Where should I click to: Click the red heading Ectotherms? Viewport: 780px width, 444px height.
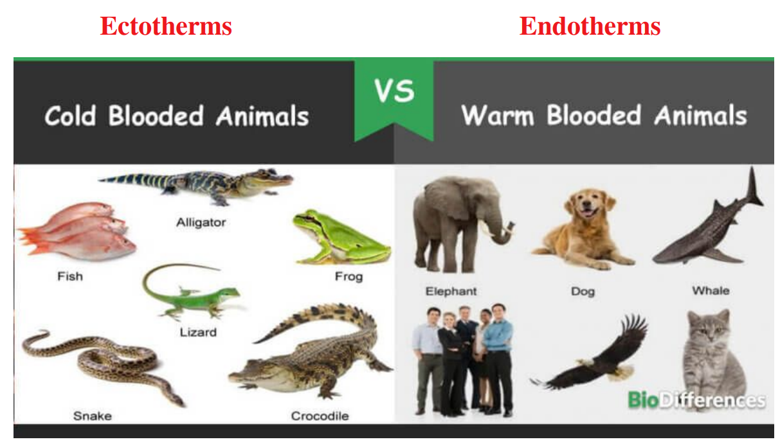(165, 26)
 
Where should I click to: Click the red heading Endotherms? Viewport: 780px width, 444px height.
(590, 26)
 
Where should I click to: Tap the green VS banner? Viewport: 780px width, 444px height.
(394, 93)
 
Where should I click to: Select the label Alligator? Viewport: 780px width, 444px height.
(201, 223)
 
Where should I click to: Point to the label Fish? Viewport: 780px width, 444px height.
(69, 276)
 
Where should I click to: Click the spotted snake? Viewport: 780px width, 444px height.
(96, 363)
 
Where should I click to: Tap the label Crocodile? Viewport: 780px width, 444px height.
(320, 416)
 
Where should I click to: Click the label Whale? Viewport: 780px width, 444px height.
(711, 290)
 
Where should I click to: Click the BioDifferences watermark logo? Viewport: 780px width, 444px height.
(696, 400)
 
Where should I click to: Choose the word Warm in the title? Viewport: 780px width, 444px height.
(497, 116)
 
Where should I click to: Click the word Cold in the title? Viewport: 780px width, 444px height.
(71, 116)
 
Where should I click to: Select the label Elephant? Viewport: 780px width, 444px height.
(451, 291)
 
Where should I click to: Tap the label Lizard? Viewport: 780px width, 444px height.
(198, 332)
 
